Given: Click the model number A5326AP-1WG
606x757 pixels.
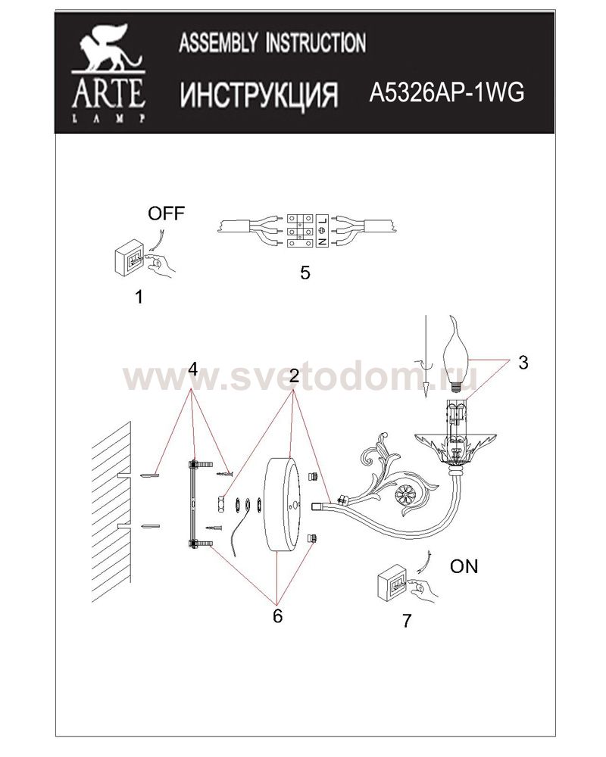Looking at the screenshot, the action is coord(446,92).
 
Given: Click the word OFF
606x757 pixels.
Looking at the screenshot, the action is coord(166,213).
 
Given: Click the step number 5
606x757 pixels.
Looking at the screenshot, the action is coord(305,273).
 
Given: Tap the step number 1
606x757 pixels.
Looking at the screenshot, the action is coord(139,297).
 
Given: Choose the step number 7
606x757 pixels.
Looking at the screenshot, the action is coord(407,621).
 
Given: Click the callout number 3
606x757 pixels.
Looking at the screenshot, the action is coord(523,363).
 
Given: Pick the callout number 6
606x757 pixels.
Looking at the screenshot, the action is coord(277,616).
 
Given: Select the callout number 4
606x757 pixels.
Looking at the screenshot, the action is coord(193,369).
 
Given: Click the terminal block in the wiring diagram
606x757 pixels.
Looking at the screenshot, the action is coord(308,230).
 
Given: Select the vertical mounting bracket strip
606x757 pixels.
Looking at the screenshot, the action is coord(192,504).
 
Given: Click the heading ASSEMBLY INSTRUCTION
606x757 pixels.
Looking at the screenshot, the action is coord(272,42).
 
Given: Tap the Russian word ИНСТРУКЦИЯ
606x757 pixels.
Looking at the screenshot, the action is coord(259,94).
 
